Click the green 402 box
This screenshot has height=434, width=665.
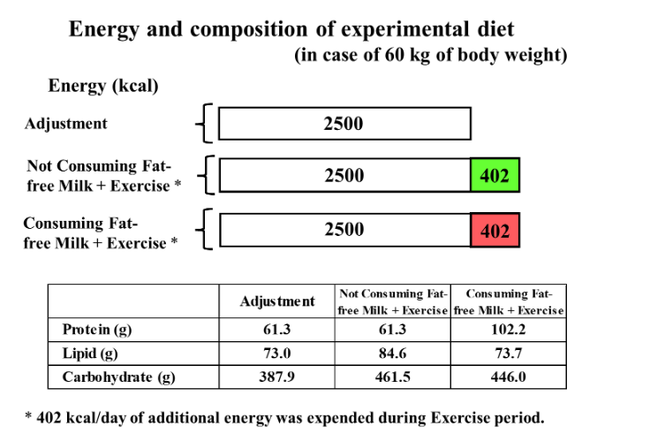(495, 176)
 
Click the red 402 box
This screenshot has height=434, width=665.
(495, 230)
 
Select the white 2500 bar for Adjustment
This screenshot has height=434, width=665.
(344, 124)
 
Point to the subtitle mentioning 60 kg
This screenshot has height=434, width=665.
(430, 56)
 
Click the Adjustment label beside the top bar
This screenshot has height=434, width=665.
(65, 124)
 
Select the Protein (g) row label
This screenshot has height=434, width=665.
(97, 330)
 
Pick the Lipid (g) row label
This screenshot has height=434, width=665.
(91, 354)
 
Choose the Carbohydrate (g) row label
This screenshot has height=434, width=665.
(118, 377)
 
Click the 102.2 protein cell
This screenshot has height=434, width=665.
(508, 330)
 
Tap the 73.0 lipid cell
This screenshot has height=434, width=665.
(276, 354)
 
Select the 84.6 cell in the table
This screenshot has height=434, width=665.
(392, 354)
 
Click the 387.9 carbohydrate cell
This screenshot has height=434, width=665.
(276, 377)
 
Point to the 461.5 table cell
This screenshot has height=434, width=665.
(392, 377)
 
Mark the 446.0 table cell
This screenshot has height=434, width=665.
(508, 377)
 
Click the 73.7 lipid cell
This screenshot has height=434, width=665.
(508, 354)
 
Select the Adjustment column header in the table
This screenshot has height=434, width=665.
(276, 301)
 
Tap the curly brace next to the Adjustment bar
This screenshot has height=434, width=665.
(204, 124)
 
